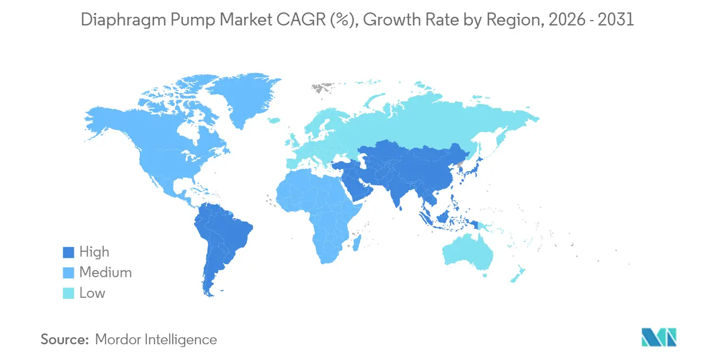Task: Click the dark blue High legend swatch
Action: pyautogui.click(x=69, y=252)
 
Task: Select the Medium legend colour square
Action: pyautogui.click(x=69, y=273)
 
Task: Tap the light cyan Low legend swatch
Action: pyautogui.click(x=69, y=293)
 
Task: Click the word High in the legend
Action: pyautogui.click(x=94, y=252)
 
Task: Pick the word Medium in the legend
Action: pyautogui.click(x=105, y=273)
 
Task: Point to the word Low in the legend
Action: pyautogui.click(x=92, y=293)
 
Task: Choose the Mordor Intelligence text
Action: pyautogui.click(x=155, y=339)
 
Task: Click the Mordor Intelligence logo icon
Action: pyautogui.click(x=659, y=337)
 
